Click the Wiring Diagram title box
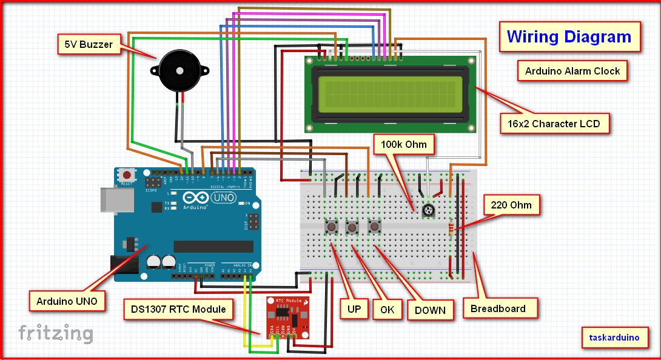[x=569, y=37]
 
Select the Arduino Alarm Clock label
[x=572, y=71]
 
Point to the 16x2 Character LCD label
[x=554, y=124]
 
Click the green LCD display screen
[x=390, y=94]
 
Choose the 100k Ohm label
[x=404, y=145]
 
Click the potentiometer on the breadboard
[x=429, y=210]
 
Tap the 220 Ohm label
[x=512, y=205]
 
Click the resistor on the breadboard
[x=451, y=229]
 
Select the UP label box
[x=354, y=309]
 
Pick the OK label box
[x=388, y=310]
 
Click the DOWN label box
[x=430, y=310]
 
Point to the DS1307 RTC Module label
[x=178, y=309]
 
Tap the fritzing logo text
[x=56, y=333]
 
